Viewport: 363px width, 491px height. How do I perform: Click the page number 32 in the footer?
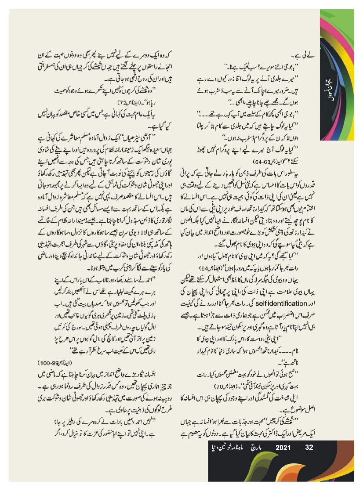pos(309,448)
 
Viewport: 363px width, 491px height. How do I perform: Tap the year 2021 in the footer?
pos(281,448)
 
